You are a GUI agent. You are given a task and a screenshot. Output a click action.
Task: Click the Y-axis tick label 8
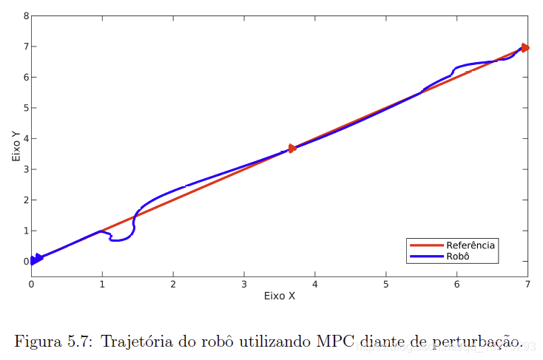[x=26, y=16]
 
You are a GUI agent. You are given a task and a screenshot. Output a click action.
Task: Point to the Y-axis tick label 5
[x=26, y=108]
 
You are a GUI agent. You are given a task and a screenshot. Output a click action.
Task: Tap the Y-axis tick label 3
[x=26, y=169]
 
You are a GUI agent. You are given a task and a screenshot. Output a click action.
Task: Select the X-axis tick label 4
[x=315, y=284]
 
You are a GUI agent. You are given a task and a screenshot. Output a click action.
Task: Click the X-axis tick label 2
[x=173, y=284]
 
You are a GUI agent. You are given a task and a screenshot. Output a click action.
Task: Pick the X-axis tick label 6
[x=456, y=284]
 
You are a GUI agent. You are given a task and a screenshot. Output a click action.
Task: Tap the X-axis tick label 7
[x=527, y=284]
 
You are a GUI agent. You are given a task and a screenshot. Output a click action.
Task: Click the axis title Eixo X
[x=280, y=296]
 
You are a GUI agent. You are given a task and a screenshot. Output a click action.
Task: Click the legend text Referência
[x=471, y=245]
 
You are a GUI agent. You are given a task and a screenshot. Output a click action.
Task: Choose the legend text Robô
[x=459, y=257]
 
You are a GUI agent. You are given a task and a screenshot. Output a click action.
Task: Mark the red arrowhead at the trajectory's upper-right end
[x=525, y=47]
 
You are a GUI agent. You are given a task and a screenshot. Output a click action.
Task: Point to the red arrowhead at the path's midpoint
[x=292, y=149]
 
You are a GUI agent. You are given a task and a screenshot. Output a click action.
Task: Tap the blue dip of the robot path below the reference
[x=118, y=240]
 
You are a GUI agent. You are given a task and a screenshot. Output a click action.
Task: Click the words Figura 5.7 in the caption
[x=52, y=342]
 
